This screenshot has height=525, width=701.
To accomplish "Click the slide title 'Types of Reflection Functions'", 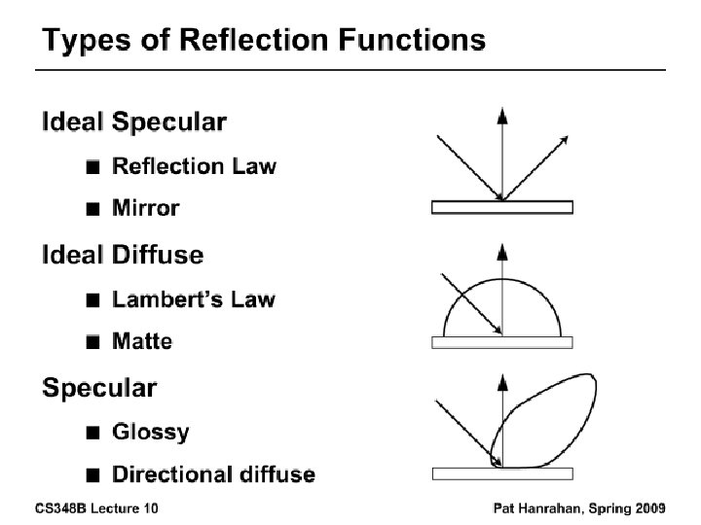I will [x=264, y=41].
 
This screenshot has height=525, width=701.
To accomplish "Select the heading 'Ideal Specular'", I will [x=134, y=122].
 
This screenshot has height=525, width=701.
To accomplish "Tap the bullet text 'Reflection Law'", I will [x=194, y=166].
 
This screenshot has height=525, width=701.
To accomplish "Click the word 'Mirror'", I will [x=146, y=207].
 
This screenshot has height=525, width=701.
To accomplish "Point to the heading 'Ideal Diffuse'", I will [x=123, y=256].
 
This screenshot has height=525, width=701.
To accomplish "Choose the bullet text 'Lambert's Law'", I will [x=193, y=299].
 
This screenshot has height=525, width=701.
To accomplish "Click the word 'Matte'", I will [x=142, y=341].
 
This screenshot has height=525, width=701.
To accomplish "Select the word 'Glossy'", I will [x=151, y=431].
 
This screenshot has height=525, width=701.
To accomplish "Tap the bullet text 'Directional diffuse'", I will [x=213, y=474].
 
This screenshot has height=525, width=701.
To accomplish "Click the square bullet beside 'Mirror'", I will [x=92, y=208].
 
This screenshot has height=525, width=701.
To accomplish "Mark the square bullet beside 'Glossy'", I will [x=92, y=432].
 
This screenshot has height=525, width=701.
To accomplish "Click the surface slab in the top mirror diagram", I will [x=502, y=207].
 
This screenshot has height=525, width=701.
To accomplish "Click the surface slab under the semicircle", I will [x=502, y=342].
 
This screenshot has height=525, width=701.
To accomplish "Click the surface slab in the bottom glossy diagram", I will [x=502, y=474].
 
